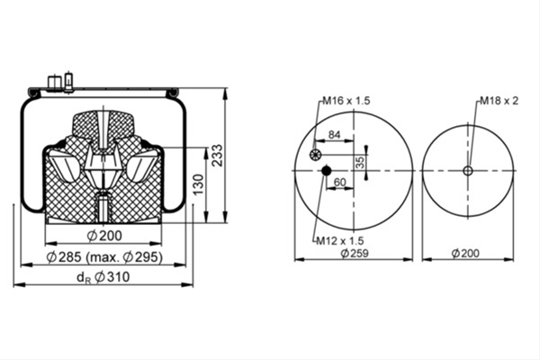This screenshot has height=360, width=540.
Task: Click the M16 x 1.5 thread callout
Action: coord(346,101)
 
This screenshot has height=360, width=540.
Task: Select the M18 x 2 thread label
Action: coord(499,101)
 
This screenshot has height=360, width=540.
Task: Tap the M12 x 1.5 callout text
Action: coord(340,240)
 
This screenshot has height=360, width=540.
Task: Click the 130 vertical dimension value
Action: coord(198,184)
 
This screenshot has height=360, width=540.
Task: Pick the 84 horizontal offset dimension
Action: coord(334,134)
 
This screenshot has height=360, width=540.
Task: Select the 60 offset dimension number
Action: coord(339,182)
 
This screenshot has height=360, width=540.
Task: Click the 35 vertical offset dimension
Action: coord(360,162)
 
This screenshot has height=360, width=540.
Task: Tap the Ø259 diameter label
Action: coord(355,253)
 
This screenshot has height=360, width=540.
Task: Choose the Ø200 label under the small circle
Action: coord(465,253)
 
